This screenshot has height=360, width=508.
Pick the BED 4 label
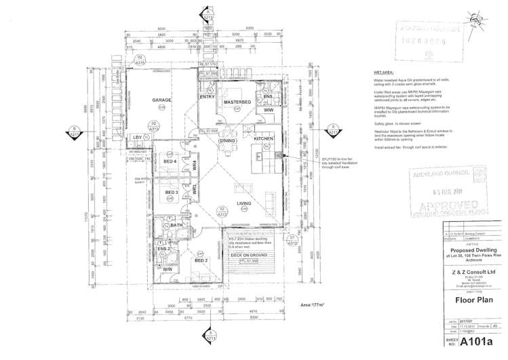(x=171, y=161)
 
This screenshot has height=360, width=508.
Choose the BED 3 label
(x=172, y=193)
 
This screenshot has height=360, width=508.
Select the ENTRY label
(x=207, y=97)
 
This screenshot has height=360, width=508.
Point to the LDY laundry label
(x=137, y=138)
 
